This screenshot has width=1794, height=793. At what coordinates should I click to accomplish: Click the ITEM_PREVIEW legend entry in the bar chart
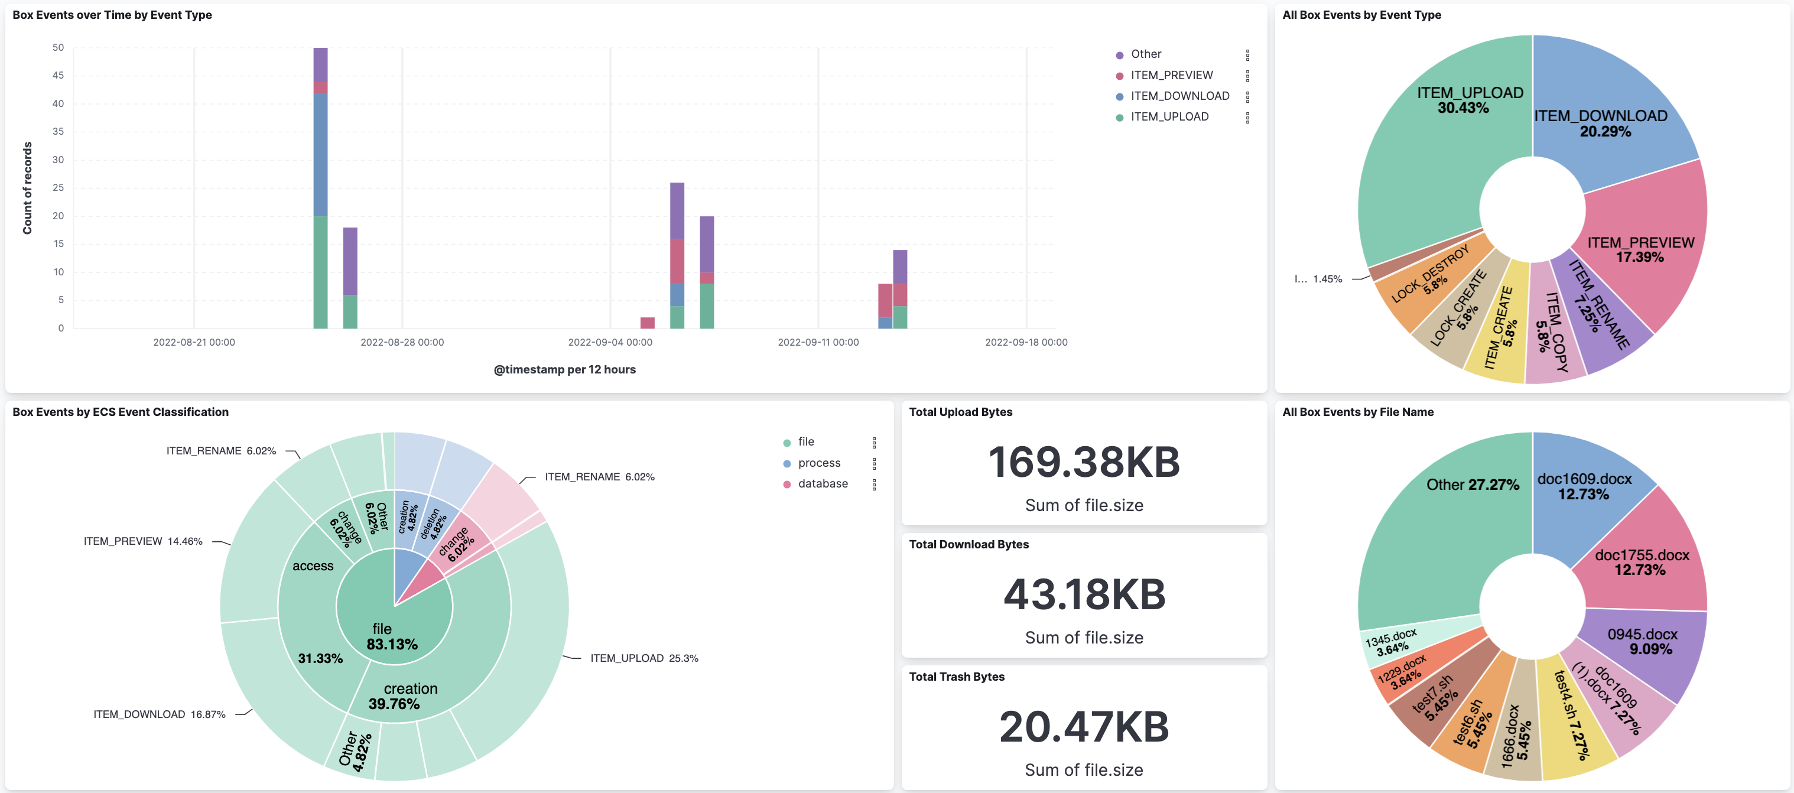click(x=1171, y=75)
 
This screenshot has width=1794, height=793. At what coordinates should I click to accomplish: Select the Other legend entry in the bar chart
click(x=1146, y=54)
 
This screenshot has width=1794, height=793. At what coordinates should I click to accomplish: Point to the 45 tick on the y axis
click(x=58, y=75)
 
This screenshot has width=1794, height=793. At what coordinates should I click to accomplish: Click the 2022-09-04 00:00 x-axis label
click(x=610, y=342)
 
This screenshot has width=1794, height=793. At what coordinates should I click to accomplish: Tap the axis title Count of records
click(x=28, y=188)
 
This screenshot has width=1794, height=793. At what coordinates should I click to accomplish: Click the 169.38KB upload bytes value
click(x=1084, y=461)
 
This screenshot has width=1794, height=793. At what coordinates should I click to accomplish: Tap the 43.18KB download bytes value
click(x=1084, y=594)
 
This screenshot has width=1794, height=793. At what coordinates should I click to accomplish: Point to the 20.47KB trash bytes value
click(x=1084, y=726)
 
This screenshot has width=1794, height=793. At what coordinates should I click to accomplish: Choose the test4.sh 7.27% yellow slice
click(x=1574, y=717)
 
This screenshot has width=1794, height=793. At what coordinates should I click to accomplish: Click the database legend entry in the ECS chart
click(x=823, y=484)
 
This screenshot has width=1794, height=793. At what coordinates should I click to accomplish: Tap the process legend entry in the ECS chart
click(x=819, y=463)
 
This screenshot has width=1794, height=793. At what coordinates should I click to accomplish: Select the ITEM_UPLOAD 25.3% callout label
click(x=643, y=658)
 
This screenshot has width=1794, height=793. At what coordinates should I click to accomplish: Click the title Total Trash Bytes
click(x=956, y=677)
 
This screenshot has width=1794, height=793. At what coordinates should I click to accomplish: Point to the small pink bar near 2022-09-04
click(x=647, y=323)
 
